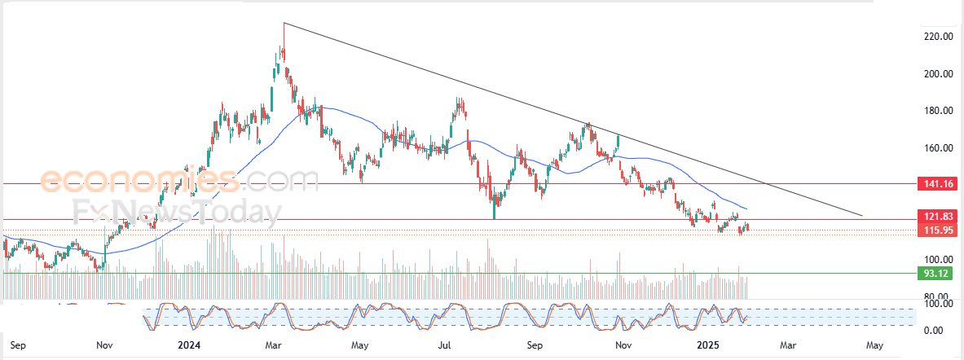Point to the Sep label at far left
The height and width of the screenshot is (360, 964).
click(19, 345)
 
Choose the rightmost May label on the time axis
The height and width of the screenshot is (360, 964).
click(875, 345)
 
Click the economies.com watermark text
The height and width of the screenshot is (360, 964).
click(179, 178)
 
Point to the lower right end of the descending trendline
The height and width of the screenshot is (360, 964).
click(863, 217)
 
